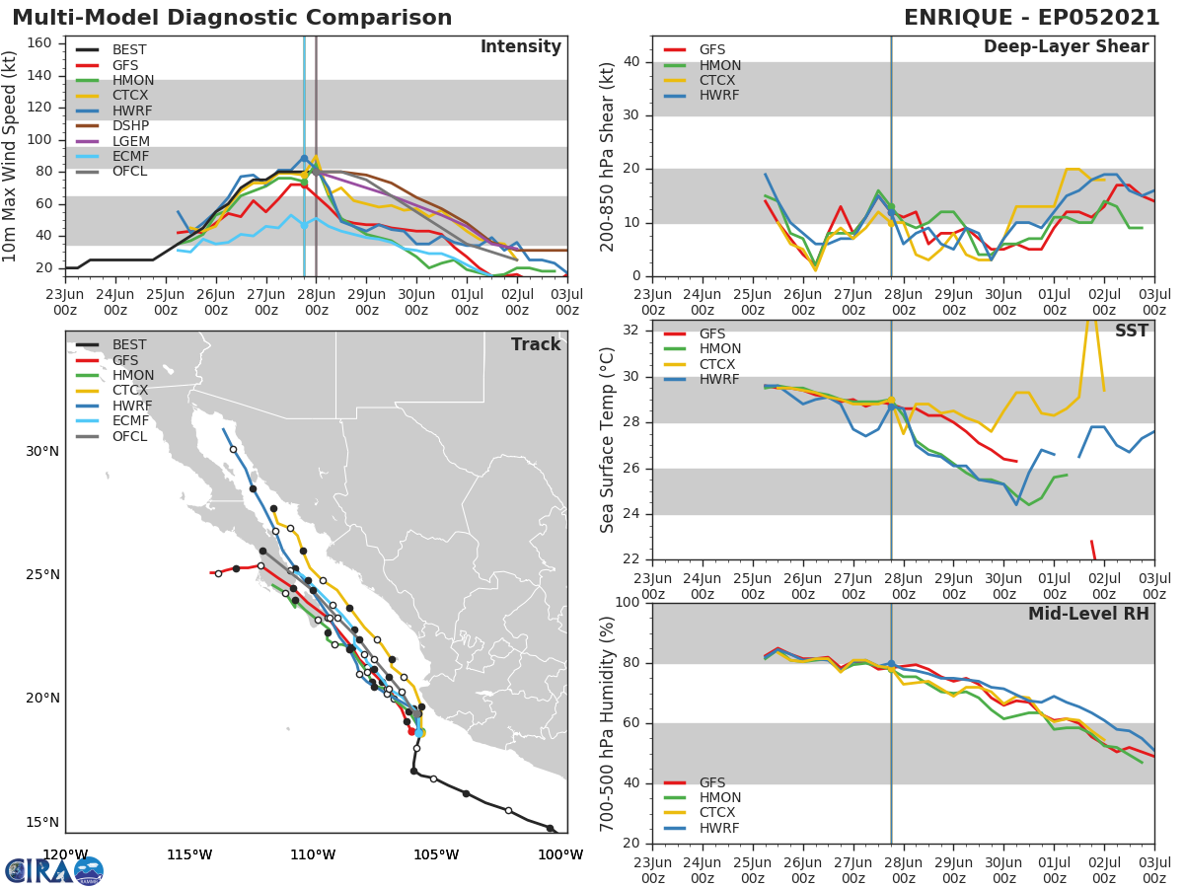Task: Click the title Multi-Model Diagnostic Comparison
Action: tap(232, 18)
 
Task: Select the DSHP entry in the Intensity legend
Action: tap(130, 126)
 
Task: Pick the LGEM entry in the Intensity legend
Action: tap(131, 141)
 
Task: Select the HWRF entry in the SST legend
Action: tap(719, 380)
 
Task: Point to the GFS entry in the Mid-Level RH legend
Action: tap(712, 782)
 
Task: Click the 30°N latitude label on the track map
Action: tap(42, 452)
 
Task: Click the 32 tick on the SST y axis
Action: tap(631, 331)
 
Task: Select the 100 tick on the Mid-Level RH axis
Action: tap(627, 603)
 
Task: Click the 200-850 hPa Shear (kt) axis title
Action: tap(608, 156)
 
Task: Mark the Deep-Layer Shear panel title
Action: tap(1066, 47)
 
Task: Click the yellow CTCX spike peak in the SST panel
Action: tap(1091, 321)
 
